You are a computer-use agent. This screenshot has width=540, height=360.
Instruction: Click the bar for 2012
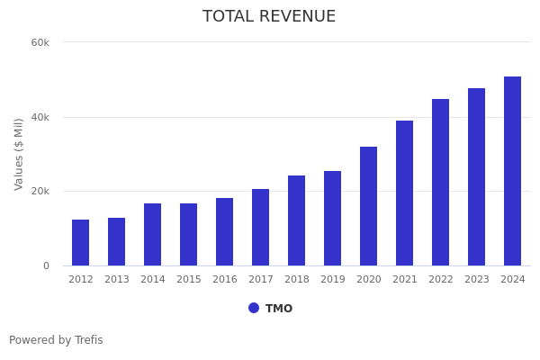point(81,243)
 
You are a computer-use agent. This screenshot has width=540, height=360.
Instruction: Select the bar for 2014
point(153,235)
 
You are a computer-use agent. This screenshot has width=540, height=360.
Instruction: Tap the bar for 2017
point(261,228)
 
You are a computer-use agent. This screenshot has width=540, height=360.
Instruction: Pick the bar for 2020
point(369,206)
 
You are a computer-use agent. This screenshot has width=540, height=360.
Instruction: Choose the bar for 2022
point(441,183)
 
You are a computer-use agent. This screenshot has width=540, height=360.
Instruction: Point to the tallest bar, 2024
point(513,171)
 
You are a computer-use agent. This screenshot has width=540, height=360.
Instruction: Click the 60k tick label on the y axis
point(40,42)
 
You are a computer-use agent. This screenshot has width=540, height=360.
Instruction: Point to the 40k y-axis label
point(40,117)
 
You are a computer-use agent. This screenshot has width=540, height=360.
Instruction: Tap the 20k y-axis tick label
point(40,192)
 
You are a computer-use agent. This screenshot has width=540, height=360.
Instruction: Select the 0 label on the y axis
point(46,266)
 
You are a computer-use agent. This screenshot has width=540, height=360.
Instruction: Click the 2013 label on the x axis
point(117,280)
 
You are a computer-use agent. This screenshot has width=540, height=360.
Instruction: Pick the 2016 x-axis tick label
point(225,280)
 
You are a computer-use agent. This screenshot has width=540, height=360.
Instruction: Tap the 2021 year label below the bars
point(405,280)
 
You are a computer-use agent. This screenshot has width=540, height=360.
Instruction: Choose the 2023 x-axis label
point(477,280)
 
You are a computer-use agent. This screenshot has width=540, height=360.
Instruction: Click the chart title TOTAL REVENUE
point(269,17)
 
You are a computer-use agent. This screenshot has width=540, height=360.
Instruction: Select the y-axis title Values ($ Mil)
point(19,154)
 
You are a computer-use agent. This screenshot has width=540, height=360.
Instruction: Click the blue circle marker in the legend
point(254,308)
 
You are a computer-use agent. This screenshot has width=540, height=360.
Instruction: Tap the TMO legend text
point(279,309)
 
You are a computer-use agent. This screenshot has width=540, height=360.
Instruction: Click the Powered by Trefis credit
point(56,340)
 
